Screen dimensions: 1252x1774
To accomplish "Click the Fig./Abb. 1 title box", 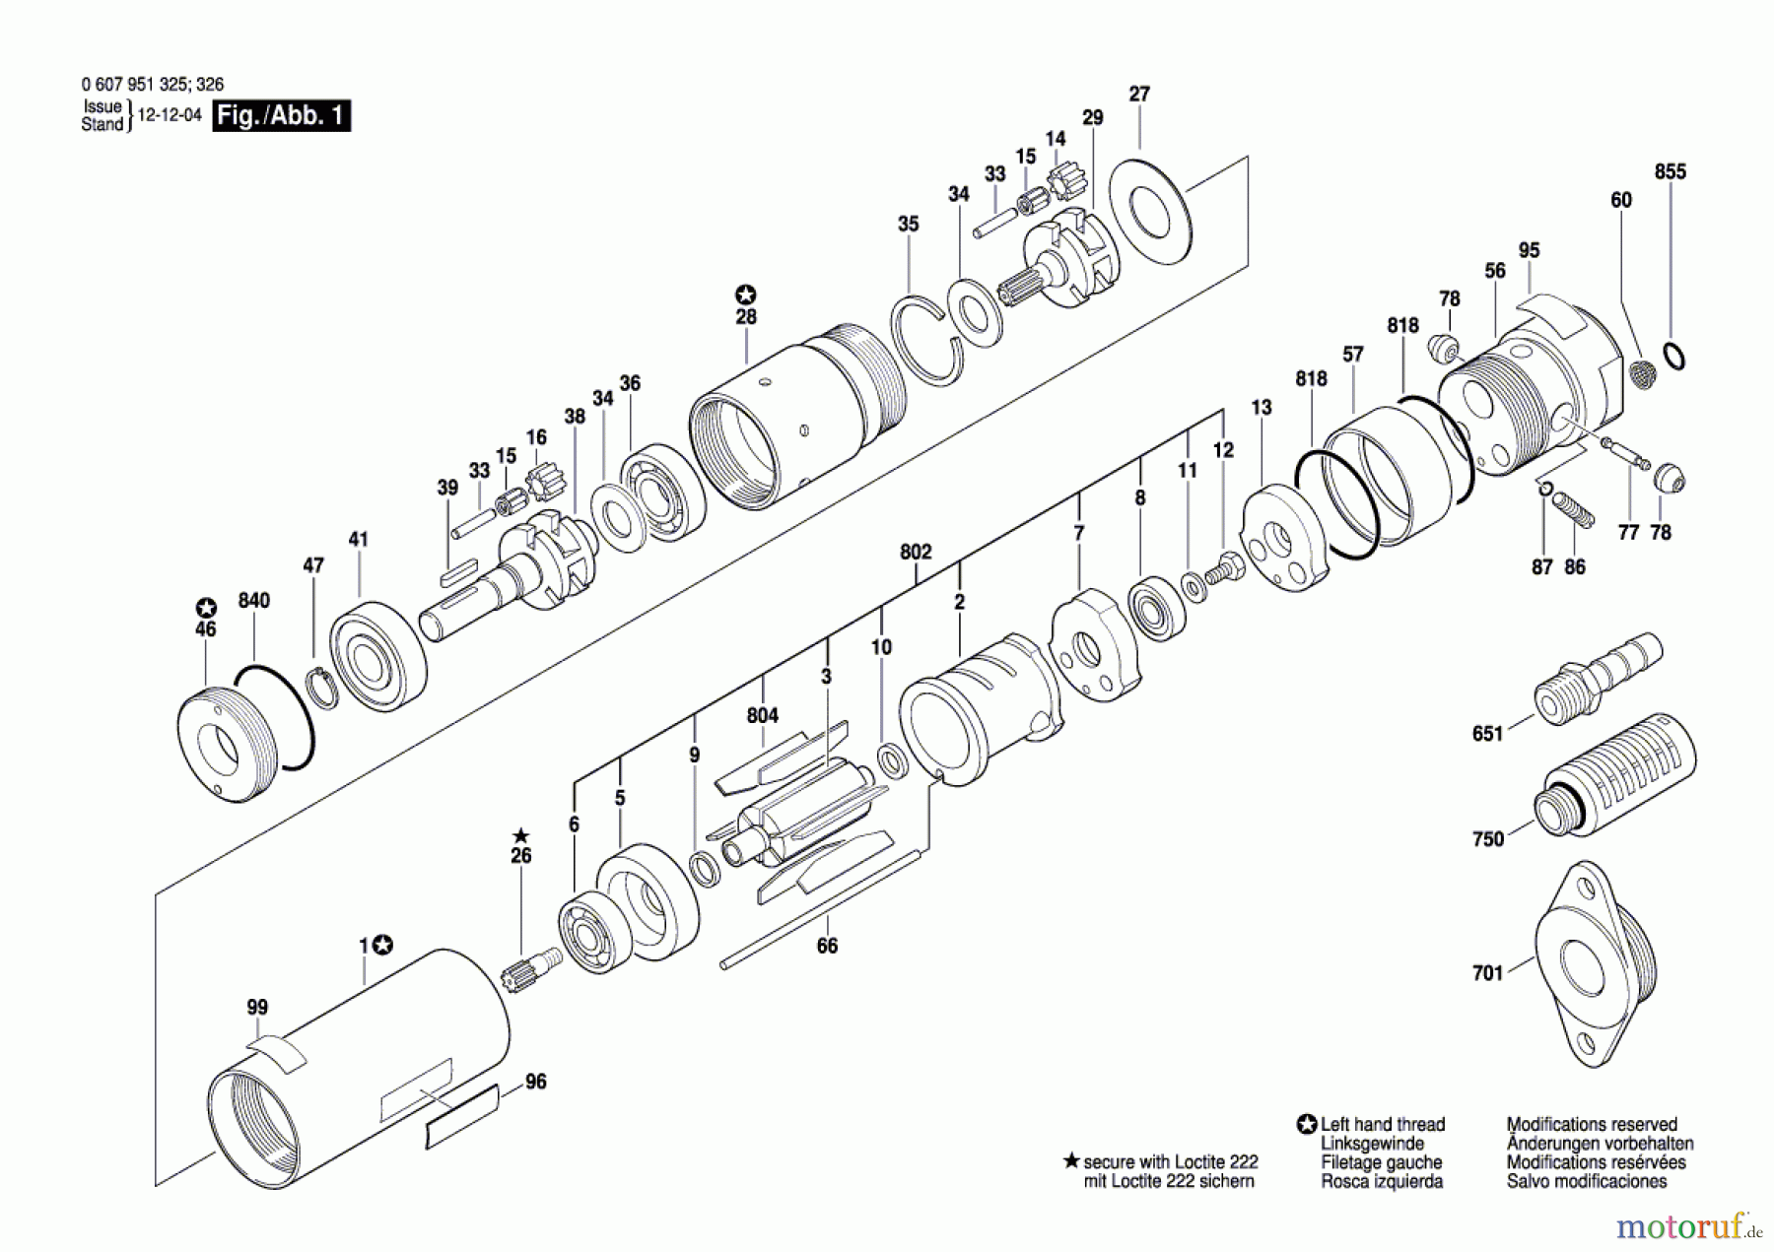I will click(x=281, y=115).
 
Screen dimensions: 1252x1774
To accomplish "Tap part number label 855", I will click(x=1670, y=171).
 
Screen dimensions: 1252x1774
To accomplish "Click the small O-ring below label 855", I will click(x=1673, y=357).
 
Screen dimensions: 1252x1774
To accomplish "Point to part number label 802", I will click(x=915, y=552).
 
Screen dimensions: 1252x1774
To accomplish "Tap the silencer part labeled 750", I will click(x=1616, y=778).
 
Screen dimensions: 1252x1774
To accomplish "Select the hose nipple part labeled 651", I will click(x=1597, y=678).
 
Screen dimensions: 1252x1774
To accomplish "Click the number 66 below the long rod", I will click(x=827, y=946).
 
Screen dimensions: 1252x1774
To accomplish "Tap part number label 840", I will click(x=253, y=600).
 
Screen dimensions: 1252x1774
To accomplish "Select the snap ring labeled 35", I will click(x=926, y=340).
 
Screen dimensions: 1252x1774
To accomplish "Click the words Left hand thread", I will click(x=1382, y=1124).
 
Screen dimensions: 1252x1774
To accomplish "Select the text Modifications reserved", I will click(x=1591, y=1124).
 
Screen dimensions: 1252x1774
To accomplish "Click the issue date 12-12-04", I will click(x=170, y=115).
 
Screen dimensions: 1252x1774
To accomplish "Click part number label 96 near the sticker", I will click(x=535, y=1082).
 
